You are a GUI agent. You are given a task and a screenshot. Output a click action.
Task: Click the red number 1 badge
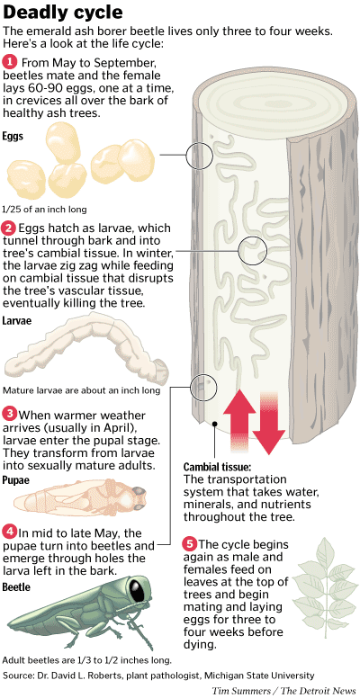9,61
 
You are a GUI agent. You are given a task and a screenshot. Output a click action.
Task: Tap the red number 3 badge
9,415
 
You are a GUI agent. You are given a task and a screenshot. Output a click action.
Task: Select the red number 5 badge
190,544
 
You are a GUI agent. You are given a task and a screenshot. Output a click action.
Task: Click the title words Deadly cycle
62,13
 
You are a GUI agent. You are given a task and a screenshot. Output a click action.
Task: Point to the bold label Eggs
13,136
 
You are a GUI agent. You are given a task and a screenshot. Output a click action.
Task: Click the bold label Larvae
17,320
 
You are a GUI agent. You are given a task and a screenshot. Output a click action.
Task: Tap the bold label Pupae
16,480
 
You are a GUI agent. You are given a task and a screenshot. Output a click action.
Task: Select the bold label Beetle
16,586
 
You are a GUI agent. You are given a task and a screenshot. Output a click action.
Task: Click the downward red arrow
269,424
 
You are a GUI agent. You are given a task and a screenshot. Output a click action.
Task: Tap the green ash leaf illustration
322,586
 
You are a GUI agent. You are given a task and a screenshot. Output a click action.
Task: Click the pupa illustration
80,495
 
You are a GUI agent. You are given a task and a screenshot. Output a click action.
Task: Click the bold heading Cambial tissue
218,468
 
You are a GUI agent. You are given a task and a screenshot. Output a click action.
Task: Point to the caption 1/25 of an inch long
45,209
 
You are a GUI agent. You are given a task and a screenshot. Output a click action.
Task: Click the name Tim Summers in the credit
240,691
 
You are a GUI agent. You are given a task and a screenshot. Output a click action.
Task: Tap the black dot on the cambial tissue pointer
215,424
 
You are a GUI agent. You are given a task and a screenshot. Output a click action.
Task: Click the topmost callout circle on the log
200,157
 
